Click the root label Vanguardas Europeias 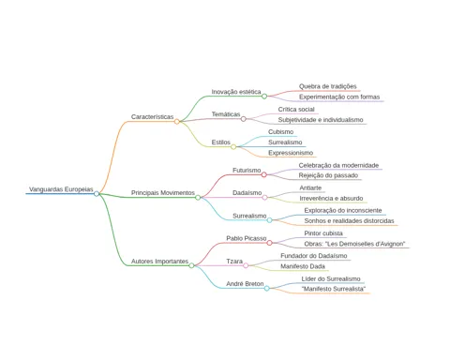pos(61,189)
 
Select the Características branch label pos(152,117)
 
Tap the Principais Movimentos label pos(163,193)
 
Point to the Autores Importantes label pos(159,262)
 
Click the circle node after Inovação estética pos(264,97)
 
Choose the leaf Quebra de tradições pos(328,86)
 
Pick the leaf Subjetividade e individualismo pos(321,120)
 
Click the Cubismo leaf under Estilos pos(280,132)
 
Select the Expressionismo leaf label pos(291,153)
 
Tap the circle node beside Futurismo pos(264,174)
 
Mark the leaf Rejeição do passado pos(328,175)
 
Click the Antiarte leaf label pos(310,187)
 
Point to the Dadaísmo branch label pos(247,193)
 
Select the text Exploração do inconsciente pos(343,210)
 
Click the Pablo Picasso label pos(247,238)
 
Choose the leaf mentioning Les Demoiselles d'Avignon pos(354,244)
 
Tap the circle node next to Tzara pos(246,265)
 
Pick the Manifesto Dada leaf pos(303,266)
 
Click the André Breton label pos(245,284)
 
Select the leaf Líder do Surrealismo pos(331,278)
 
